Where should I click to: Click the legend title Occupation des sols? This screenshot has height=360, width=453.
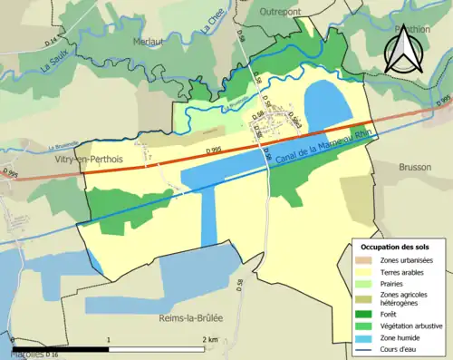pyautogui.click(x=395, y=247)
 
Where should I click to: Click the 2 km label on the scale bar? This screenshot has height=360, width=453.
pyautogui.click(x=210, y=339)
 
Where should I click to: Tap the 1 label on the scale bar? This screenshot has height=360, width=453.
pyautogui.click(x=110, y=339)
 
